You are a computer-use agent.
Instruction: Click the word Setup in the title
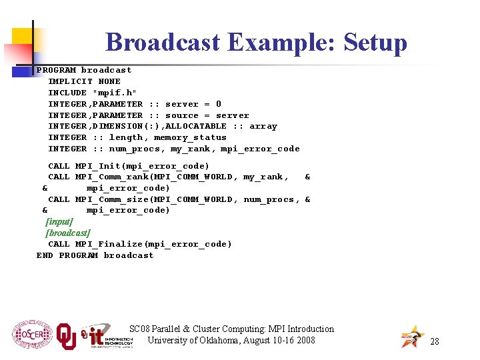[374, 42]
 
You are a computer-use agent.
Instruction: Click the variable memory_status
[190, 137]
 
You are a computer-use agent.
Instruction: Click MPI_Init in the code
[97, 166]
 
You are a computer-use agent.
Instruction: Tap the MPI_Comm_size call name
[111, 199]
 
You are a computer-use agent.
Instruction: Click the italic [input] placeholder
[59, 221]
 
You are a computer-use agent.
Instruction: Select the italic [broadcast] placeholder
[67, 233]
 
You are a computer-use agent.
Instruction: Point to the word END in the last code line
[45, 255]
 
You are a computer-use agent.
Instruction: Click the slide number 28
[434, 341]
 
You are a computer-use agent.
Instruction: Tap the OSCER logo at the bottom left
[31, 335]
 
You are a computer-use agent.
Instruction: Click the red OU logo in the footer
[66, 336]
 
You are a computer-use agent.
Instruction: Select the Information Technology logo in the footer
[107, 336]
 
